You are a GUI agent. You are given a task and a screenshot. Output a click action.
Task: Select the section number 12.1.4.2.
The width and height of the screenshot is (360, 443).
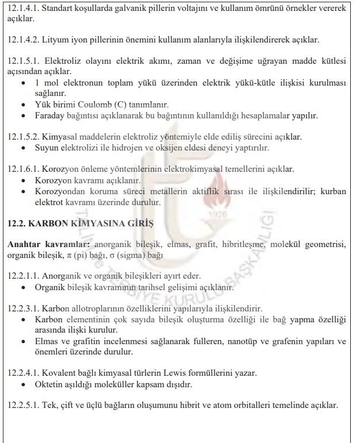pos(23,40)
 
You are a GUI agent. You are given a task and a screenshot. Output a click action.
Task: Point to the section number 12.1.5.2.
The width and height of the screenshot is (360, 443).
pos(23,137)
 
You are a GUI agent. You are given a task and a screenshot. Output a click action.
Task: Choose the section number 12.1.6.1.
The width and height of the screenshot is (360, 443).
pos(23,169)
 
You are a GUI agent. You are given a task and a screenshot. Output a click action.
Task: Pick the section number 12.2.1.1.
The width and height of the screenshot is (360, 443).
pos(23,275)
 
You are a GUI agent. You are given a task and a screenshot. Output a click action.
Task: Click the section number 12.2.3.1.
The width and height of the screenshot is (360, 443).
pos(23,308)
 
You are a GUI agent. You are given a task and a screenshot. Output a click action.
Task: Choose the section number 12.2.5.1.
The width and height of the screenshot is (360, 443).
pos(23,405)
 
